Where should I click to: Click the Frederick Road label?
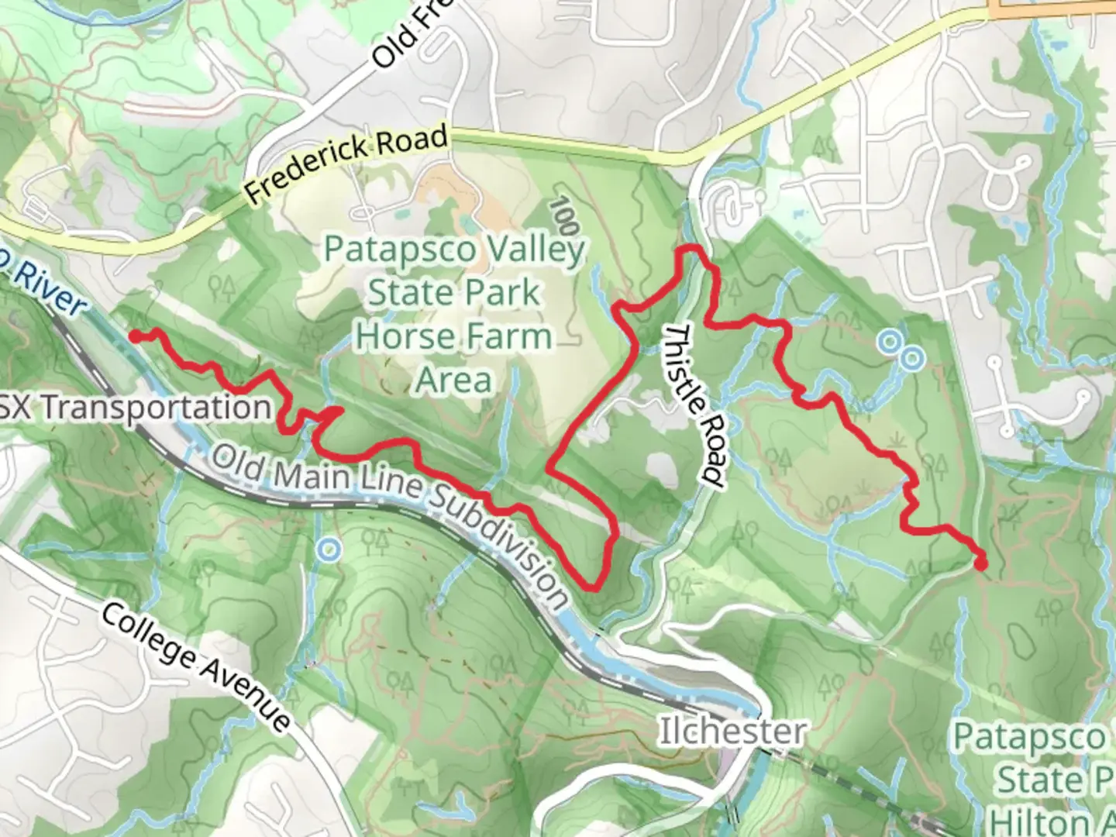point(346,165)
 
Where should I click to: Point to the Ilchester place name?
point(732,731)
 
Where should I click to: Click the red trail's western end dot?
point(134,336)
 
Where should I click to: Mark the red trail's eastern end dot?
point(980,564)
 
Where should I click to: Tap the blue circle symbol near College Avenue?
point(329,550)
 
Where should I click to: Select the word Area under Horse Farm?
point(454,381)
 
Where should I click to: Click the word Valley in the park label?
point(535,250)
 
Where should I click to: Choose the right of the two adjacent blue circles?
point(912,357)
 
